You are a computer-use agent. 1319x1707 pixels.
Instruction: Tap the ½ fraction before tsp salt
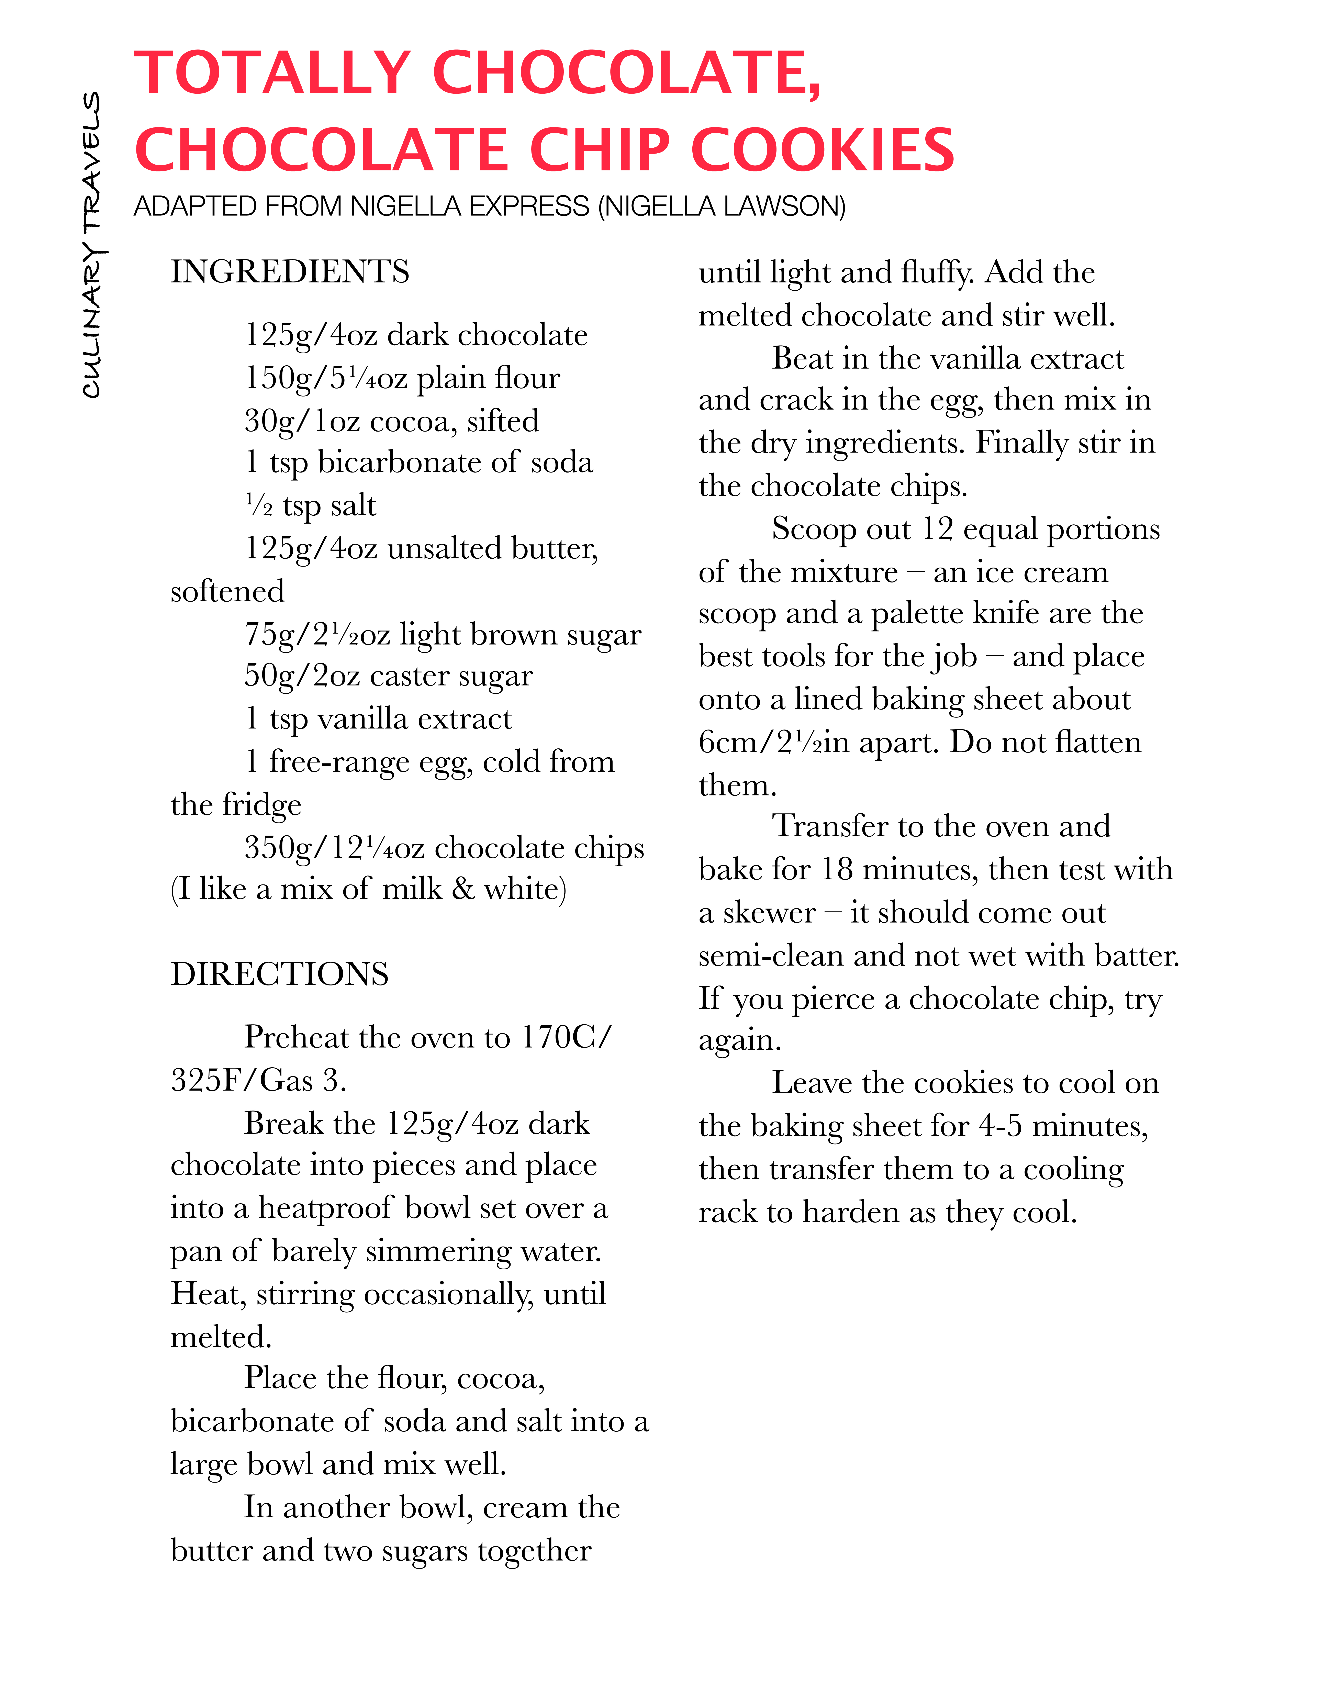coord(259,506)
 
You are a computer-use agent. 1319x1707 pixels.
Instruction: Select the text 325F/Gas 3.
coord(258,1080)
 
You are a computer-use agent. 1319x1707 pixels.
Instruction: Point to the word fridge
coord(262,805)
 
